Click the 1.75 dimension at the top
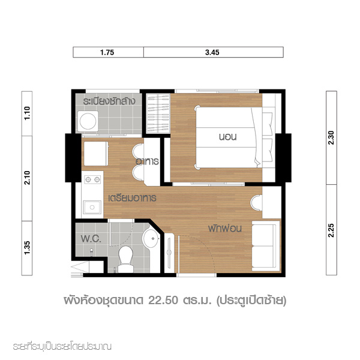[x=107, y=52]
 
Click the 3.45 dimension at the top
[x=212, y=52]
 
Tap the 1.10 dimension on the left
[x=27, y=113]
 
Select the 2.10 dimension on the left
[x=27, y=178]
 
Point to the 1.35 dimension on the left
[x=27, y=248]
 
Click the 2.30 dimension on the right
[x=331, y=138]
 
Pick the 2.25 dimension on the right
[x=331, y=230]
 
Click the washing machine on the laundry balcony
[x=88, y=121]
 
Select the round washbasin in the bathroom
[x=151, y=239]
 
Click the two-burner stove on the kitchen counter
[x=92, y=179]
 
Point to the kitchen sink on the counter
[x=92, y=208]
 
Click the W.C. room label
[x=91, y=239]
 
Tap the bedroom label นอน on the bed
[x=227, y=137]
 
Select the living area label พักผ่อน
[x=225, y=228]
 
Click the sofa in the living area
[x=266, y=246]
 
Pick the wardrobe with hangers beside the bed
[x=158, y=113]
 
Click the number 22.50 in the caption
[x=163, y=301]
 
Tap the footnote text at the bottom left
[x=62, y=346]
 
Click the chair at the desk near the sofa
[x=256, y=203]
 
